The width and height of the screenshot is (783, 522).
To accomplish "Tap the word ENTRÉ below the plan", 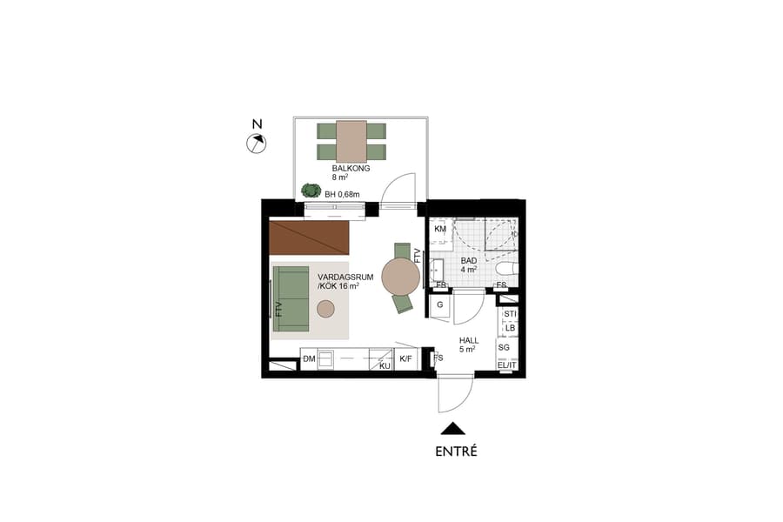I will click(x=456, y=452).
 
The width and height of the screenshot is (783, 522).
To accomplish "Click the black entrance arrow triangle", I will click(x=452, y=428).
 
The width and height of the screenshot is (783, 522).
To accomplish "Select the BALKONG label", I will click(x=351, y=169).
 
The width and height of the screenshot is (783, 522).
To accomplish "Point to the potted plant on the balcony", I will click(x=310, y=190).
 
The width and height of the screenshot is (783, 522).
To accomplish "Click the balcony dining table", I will click(x=351, y=140).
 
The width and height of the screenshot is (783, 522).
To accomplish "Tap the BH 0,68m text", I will click(x=342, y=194).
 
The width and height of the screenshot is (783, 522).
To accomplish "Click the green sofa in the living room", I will click(x=291, y=298).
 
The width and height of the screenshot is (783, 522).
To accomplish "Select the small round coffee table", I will click(x=326, y=308).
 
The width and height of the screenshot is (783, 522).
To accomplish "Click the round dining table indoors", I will click(x=400, y=277).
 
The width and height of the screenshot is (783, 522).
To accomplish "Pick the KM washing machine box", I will click(x=440, y=230).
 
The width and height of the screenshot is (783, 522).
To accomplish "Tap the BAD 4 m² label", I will click(x=468, y=265).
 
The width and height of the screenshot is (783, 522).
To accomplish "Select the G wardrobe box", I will click(x=440, y=305).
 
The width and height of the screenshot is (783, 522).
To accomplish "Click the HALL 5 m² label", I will click(x=468, y=345).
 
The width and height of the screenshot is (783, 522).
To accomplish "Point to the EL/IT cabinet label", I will click(x=506, y=365).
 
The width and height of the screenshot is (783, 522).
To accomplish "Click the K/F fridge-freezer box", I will click(x=405, y=358).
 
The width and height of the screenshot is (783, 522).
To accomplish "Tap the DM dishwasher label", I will click(x=308, y=358).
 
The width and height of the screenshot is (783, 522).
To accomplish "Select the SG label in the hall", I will click(x=504, y=347).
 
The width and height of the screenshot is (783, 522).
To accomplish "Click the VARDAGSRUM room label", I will click(x=345, y=281).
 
